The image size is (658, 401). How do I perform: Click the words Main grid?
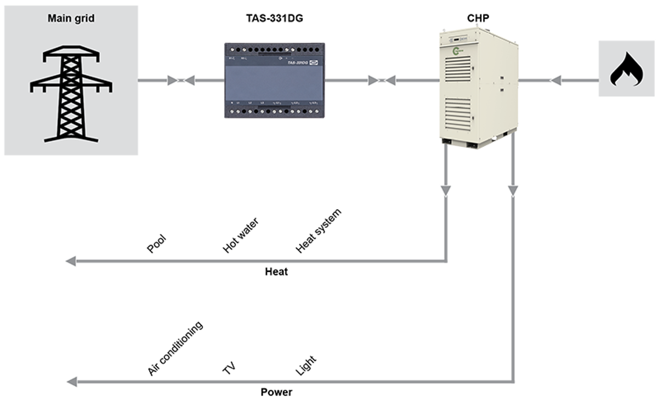pos(71,19)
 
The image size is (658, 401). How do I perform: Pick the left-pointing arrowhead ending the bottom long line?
pos(71,381)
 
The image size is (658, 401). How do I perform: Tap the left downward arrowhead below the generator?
pos(446,190)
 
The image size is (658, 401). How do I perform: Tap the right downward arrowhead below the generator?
pos(513,190)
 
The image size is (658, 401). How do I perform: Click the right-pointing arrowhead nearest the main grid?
pos(172,81)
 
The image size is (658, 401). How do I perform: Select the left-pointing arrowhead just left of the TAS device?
pos(190,81)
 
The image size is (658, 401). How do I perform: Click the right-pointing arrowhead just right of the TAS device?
pos(372,81)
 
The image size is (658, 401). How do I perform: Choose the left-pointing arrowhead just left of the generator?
pos(390,81)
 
